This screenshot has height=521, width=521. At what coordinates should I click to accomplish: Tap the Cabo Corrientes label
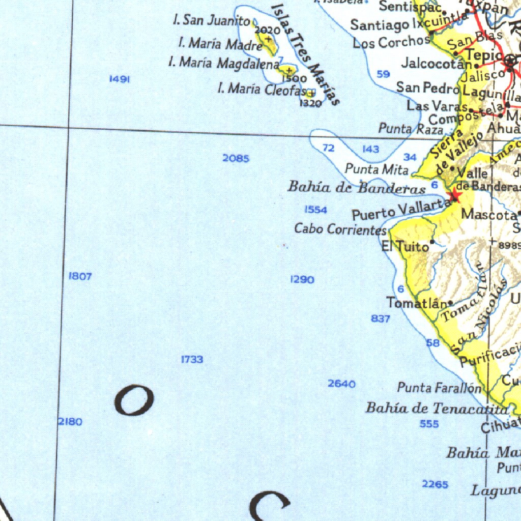340,229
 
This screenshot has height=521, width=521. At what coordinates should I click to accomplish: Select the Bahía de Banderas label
357,187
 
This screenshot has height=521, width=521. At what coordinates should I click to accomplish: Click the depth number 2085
236,159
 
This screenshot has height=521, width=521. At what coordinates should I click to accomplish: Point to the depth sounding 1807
80,276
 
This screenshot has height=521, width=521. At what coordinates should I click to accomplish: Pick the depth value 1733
192,360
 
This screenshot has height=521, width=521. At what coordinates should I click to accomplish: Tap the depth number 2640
341,384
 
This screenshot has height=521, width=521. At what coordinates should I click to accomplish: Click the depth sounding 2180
70,422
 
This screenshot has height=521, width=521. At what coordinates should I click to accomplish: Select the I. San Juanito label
211,20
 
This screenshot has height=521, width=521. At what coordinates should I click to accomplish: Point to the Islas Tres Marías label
306,53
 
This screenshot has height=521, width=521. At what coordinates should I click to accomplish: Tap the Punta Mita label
377,168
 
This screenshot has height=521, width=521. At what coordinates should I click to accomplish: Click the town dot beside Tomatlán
450,303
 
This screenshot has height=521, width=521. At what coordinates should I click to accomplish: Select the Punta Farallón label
439,388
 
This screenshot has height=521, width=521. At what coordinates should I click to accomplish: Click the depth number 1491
120,79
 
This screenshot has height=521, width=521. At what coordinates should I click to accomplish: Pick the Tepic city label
484,55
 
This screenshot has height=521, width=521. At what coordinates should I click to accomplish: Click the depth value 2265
435,484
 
